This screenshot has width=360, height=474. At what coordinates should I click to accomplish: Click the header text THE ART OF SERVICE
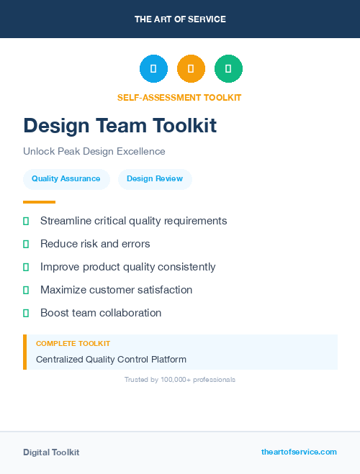click(x=180, y=19)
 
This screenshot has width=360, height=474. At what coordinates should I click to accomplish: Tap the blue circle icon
click(x=153, y=69)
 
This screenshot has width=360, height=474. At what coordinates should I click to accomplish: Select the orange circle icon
click(x=191, y=69)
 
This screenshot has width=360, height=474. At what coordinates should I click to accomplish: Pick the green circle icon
click(x=228, y=69)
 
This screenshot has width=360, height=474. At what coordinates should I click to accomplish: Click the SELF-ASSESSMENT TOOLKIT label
click(x=179, y=97)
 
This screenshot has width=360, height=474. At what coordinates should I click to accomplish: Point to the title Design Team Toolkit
click(x=120, y=126)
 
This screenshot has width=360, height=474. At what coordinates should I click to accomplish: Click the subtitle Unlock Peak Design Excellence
click(x=94, y=152)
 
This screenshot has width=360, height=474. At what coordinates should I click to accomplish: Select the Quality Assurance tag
click(x=66, y=179)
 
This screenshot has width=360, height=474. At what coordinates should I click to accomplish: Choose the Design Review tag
click(x=155, y=179)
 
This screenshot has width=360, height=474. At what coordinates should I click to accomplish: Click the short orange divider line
click(x=39, y=202)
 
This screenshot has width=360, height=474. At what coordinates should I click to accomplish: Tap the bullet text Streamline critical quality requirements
click(x=133, y=221)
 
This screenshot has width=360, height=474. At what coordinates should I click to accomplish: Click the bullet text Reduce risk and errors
click(x=95, y=244)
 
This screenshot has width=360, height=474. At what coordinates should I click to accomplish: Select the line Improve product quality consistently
click(x=127, y=267)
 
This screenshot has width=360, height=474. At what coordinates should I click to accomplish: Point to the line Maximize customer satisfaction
click(x=116, y=290)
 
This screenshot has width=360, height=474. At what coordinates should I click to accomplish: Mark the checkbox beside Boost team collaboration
click(x=26, y=313)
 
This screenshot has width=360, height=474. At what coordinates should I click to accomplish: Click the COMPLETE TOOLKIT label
click(x=73, y=344)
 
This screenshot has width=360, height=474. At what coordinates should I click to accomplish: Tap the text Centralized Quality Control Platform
click(x=111, y=359)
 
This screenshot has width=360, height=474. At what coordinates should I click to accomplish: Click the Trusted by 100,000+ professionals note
click(x=180, y=379)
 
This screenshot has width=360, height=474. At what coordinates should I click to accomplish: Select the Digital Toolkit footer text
click(x=51, y=452)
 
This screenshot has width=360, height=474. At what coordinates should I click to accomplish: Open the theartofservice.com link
click(x=299, y=452)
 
